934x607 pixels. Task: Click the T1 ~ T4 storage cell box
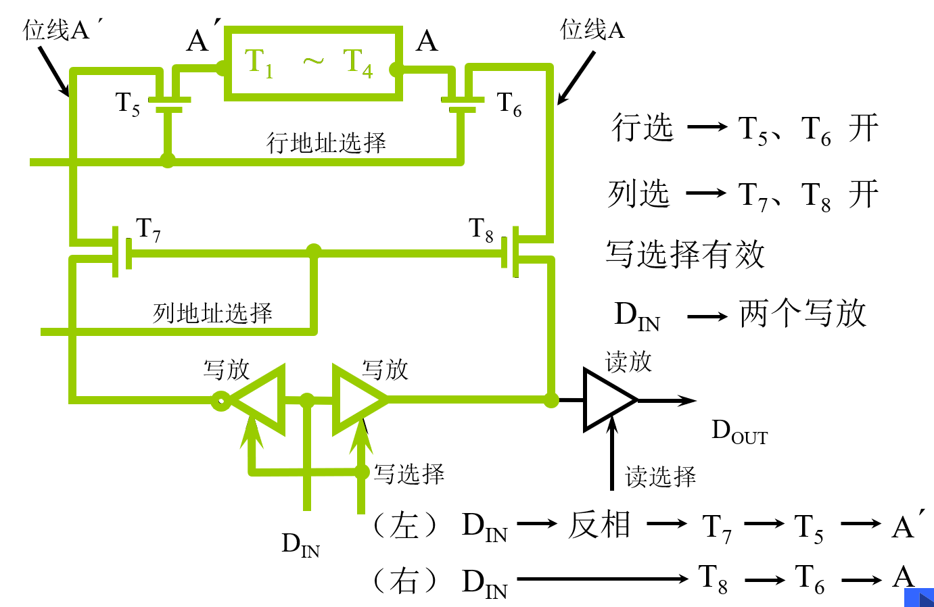tap(313, 64)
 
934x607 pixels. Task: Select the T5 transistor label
tap(128, 104)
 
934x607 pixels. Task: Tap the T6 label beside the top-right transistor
tap(509, 104)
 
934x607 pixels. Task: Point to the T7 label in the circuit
tap(148, 230)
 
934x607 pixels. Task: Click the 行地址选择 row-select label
tap(326, 143)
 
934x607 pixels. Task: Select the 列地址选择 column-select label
tap(212, 313)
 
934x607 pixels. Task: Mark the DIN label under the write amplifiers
tap(300, 544)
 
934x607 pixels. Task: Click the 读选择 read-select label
tap(660, 477)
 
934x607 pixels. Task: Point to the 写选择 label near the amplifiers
tap(409, 474)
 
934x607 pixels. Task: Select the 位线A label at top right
tap(592, 30)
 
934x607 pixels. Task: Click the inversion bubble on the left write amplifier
tap(220, 401)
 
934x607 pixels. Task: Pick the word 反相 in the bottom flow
tap(599, 525)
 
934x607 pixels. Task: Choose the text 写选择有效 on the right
tap(685, 255)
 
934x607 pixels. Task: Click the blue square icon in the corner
tap(919, 598)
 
